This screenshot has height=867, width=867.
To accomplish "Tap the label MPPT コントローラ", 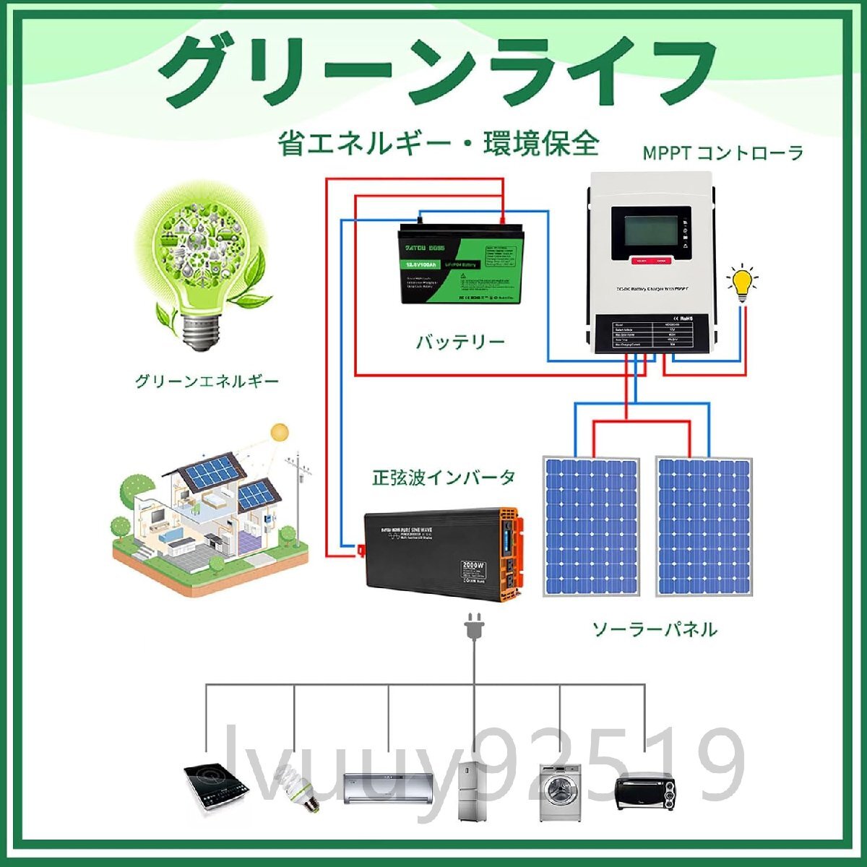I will (x=723, y=153).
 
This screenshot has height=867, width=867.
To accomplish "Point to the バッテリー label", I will (x=460, y=342).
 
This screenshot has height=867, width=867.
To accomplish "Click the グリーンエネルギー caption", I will (x=207, y=381).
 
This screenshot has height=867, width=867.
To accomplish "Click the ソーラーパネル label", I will (x=655, y=629).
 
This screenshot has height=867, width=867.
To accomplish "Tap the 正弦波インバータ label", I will (x=444, y=478).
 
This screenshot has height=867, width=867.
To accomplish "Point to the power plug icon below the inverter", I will (x=473, y=627).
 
